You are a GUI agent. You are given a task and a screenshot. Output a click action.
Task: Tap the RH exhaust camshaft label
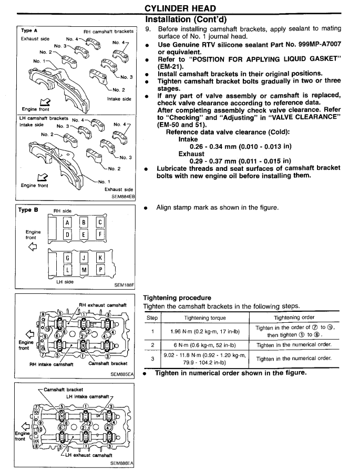click(105, 304)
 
